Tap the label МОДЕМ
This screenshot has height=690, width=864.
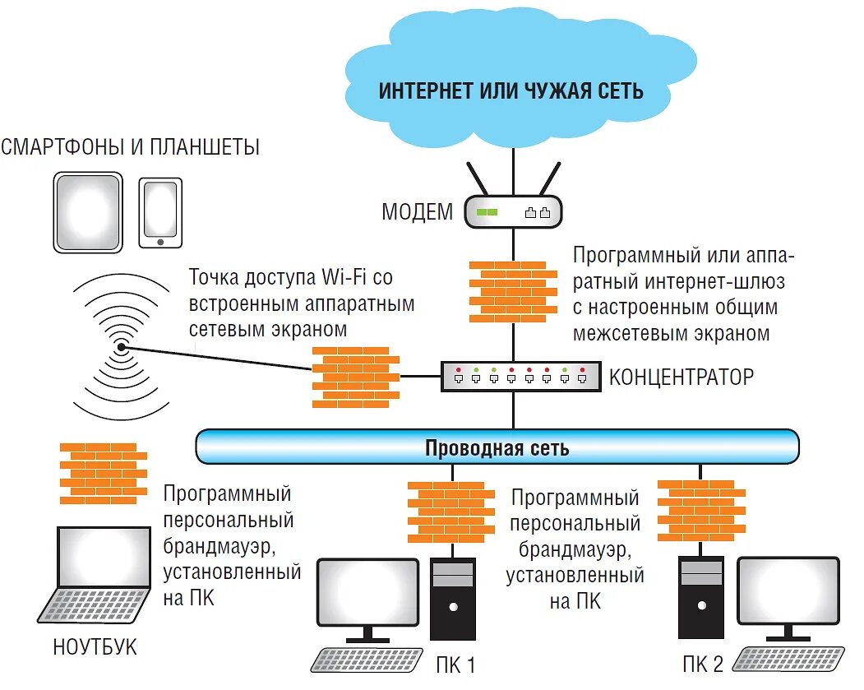(417, 212)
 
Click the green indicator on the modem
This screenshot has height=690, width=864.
(487, 212)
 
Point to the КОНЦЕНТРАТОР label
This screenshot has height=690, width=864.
(681, 377)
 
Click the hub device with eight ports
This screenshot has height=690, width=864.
(517, 377)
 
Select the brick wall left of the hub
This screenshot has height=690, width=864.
(355, 375)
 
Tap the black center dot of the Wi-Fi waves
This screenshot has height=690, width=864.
(122, 348)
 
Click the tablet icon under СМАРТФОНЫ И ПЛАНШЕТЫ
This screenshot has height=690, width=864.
(88, 212)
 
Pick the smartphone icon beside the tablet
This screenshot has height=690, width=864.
(159, 213)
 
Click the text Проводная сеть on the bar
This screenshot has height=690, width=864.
(497, 448)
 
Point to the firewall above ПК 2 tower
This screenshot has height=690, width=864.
(701, 511)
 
